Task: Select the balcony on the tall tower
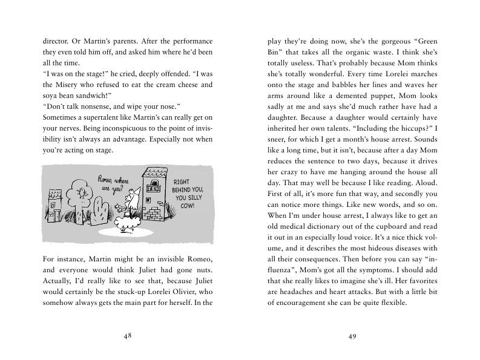click(153, 189)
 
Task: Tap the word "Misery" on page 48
click(67, 85)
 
